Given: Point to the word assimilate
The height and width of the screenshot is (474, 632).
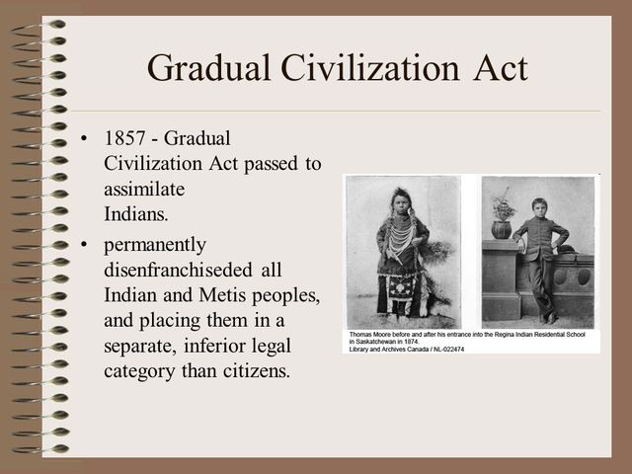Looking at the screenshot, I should click(145, 187).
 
